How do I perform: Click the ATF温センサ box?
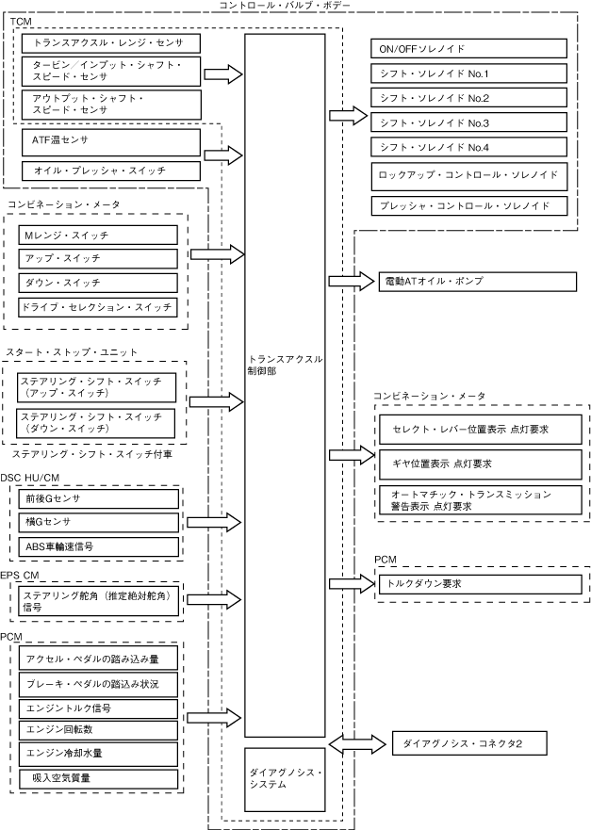[111, 142]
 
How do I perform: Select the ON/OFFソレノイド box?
[468, 49]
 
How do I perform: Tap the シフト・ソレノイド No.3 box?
[468, 122]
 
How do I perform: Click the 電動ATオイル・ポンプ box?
[478, 282]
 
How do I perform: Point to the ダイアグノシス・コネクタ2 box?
[469, 743]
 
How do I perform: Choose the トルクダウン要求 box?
[481, 584]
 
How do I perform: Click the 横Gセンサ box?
[99, 523]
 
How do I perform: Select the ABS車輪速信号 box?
[99, 546]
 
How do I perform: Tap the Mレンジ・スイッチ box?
[98, 235]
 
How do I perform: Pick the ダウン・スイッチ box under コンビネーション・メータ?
[98, 283]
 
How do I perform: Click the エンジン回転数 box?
[98, 730]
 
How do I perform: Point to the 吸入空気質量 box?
[98, 778]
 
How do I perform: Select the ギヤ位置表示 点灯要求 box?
[481, 464]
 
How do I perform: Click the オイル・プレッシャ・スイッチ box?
[111, 171]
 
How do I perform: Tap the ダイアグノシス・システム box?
[285, 779]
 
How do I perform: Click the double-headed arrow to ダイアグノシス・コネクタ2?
[357, 743]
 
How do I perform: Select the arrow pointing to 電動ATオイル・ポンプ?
[352, 281]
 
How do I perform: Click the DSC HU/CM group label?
[29, 478]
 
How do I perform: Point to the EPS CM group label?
[20, 576]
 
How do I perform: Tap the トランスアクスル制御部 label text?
[285, 366]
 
